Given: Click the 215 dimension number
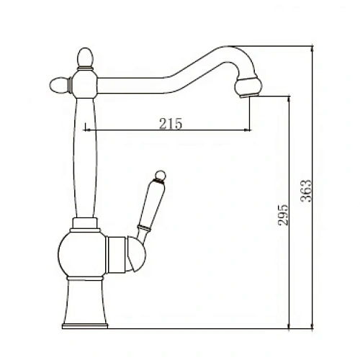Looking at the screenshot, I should [169, 123].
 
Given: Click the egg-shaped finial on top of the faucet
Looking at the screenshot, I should [84, 56].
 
